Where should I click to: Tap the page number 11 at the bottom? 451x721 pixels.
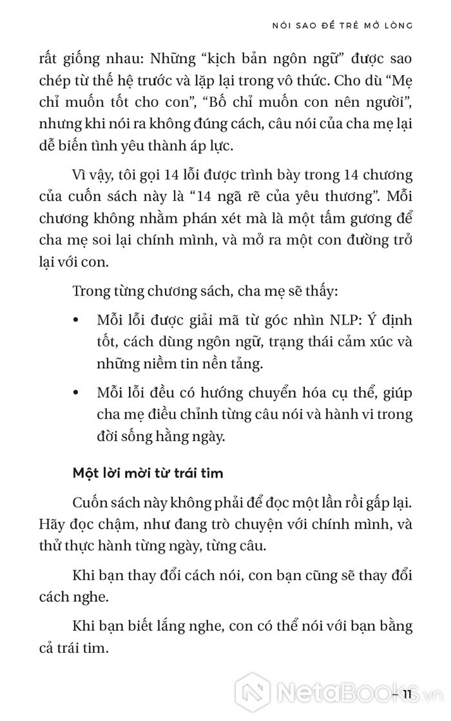pos(408,693)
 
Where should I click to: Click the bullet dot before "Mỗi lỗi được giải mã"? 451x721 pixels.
pos(78,321)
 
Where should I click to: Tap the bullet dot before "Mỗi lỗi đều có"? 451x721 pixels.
pos(78,392)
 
